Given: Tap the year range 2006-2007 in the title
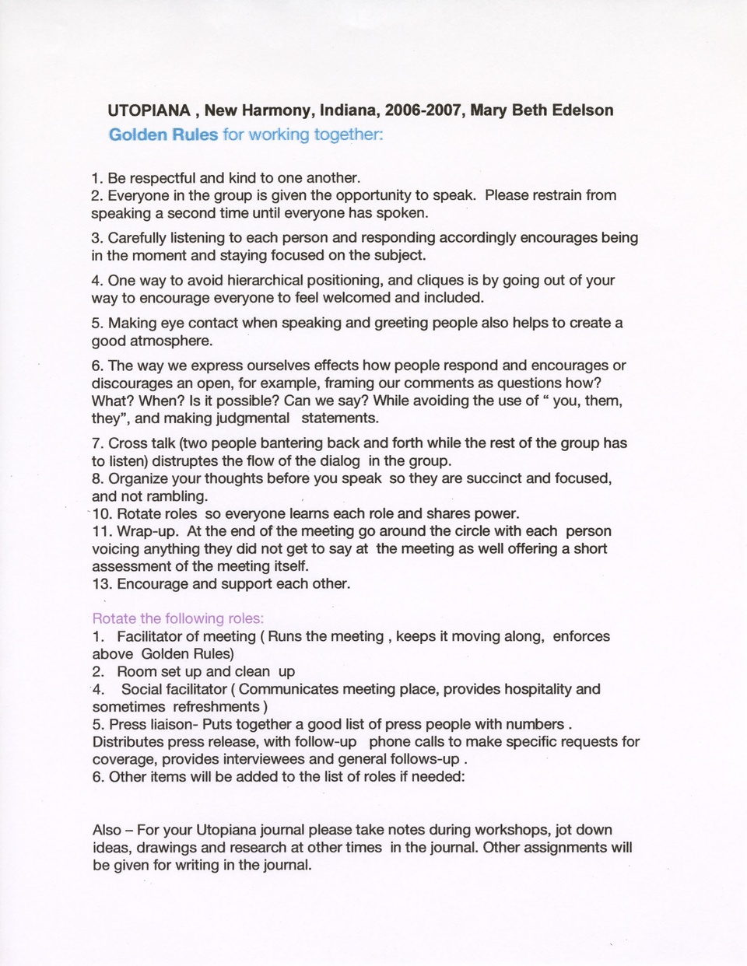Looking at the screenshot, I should [425, 110].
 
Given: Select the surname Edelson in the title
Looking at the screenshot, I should [582, 110].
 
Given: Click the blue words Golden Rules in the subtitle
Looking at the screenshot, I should [163, 135].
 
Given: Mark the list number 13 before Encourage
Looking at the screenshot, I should [102, 584].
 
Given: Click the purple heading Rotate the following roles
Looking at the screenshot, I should [178, 619].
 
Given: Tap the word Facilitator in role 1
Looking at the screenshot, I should [158, 637].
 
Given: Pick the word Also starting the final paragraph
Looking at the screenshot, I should [107, 830].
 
